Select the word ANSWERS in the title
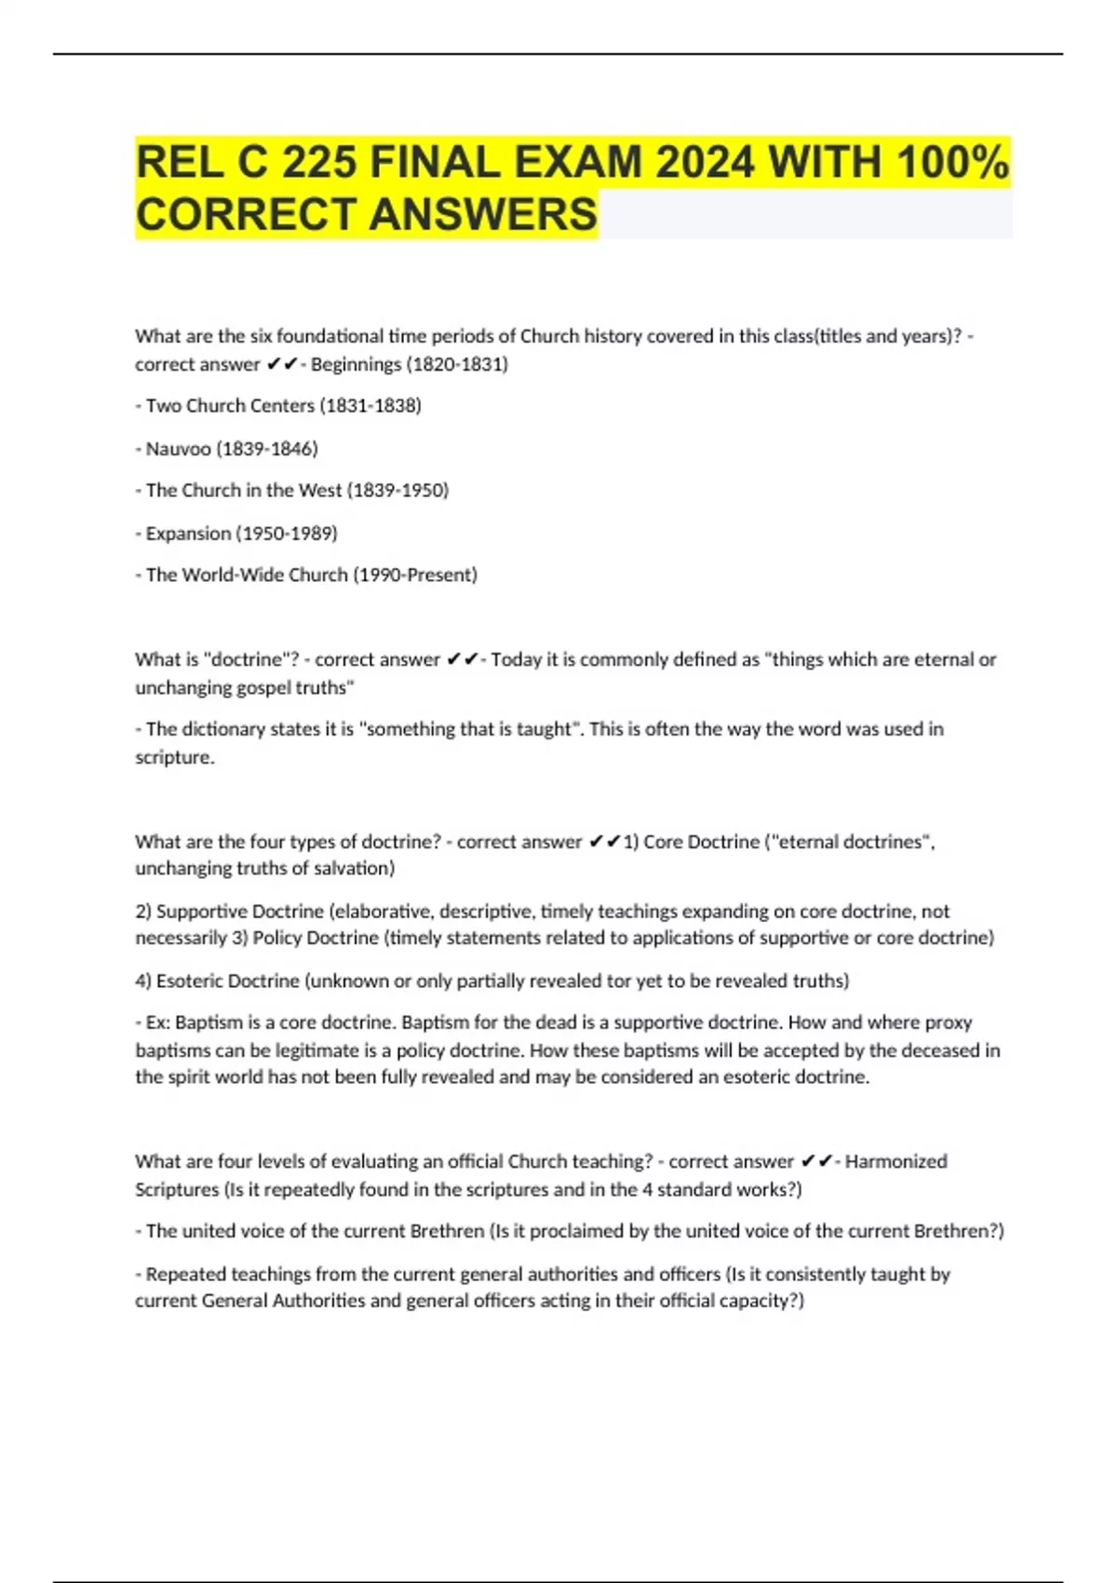(483, 214)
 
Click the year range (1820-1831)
(457, 364)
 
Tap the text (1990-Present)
(415, 575)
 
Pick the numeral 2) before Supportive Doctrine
(143, 912)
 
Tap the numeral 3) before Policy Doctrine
(240, 938)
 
